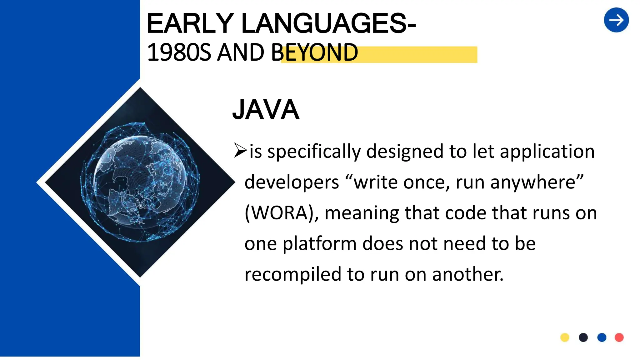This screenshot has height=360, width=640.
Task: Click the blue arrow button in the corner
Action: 616,20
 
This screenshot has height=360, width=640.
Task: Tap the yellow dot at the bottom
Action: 565,337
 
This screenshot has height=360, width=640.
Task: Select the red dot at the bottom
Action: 619,337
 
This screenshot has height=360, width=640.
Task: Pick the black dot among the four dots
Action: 583,337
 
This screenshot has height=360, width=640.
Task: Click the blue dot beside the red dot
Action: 602,337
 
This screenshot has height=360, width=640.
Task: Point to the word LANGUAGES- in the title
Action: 328,23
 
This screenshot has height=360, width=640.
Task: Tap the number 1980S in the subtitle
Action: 179,52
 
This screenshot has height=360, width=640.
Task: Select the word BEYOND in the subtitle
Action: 314,52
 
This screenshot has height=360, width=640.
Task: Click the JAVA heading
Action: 266,110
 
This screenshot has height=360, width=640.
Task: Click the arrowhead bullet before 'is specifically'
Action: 240,150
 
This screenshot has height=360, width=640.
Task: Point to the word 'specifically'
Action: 314,152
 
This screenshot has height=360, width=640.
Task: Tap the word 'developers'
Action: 292,182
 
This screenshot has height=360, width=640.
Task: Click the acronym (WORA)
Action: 281,213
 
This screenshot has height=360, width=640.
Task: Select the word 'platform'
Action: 319,244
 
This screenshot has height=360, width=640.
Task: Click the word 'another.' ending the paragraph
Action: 468,274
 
